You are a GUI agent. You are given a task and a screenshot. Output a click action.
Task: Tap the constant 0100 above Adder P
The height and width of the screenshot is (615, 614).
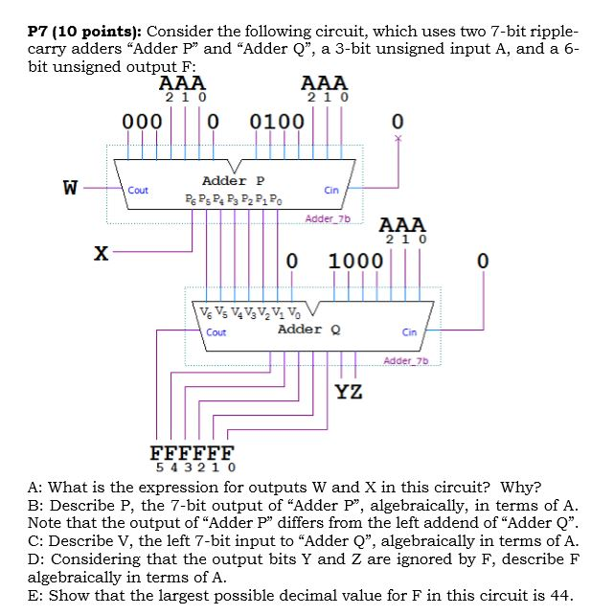pos(276,123)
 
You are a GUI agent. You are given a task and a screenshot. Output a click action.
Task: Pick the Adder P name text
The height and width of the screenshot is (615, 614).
pos(233,180)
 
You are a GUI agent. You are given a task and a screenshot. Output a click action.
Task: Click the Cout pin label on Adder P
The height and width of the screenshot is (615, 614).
pos(138,191)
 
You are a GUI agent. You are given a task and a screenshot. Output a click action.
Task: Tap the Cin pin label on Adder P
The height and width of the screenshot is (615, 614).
pos(331,191)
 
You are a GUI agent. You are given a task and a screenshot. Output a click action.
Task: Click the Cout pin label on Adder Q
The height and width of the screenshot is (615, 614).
pos(216,332)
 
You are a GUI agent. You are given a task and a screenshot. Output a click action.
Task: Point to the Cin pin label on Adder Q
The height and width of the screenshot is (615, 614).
pos(409,332)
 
